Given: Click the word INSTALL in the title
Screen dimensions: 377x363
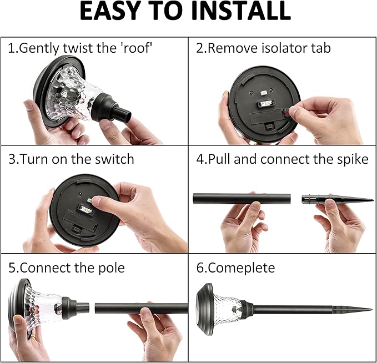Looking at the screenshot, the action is coord(241,11).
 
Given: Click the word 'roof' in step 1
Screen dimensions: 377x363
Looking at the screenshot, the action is coord(138,48).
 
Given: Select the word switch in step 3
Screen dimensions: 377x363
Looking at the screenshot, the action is coord(114,159).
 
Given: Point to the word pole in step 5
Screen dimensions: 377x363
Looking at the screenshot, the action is coord(112,268).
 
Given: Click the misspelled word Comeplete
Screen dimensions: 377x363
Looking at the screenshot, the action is coord(241,268).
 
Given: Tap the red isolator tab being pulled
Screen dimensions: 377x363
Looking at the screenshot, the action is coord(286,112).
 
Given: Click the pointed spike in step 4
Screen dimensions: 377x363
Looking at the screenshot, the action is coord(338,200).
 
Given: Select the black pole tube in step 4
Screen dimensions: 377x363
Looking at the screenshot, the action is coord(242,199).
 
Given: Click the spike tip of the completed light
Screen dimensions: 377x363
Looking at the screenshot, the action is coord(371,309).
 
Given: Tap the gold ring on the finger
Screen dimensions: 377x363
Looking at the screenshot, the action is coord(33,336).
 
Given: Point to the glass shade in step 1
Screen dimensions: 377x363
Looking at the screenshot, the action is coord(72,94).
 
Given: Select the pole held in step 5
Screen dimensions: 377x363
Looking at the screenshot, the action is coord(141,309).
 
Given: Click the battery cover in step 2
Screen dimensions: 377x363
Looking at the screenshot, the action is coord(266,117).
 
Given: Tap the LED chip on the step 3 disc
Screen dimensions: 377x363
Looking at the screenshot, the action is coord(86,210).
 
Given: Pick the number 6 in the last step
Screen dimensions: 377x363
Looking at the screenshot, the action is coord(200,268).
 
